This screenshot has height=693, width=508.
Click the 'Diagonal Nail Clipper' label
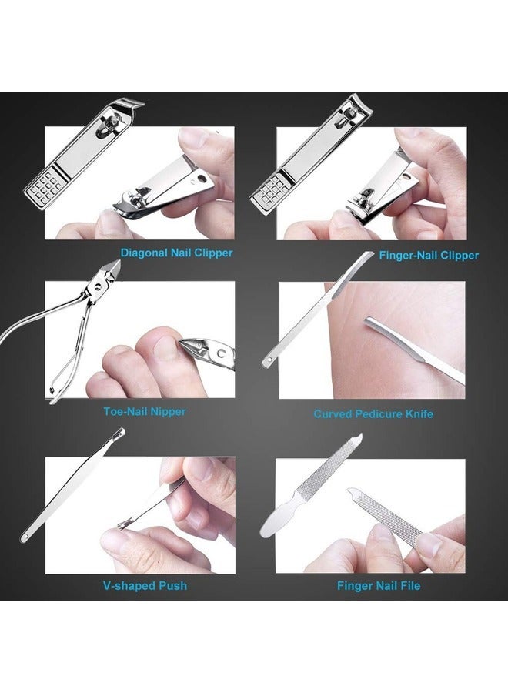coord(176,252)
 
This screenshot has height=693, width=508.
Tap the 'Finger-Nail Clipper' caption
coord(429,255)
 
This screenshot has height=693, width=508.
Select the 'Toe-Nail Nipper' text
coord(144,411)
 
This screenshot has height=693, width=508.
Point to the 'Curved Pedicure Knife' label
coord(373,413)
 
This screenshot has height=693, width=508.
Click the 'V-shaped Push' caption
coord(144,585)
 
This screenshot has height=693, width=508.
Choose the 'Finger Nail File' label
coord(379,585)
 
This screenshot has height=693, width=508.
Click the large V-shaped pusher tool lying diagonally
coord(73,494)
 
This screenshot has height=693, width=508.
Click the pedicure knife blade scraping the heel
coord(412,351)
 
